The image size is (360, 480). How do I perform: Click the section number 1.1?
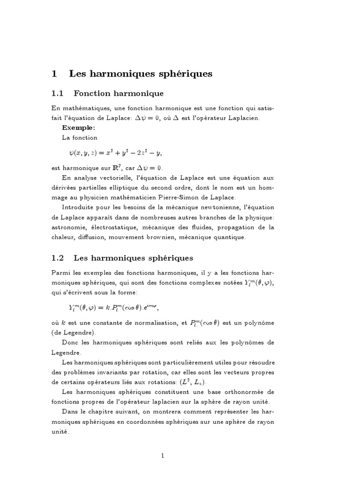click(x=58, y=94)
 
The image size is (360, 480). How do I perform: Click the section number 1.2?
click(x=58, y=258)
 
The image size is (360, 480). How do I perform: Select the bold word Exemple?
click(x=78, y=127)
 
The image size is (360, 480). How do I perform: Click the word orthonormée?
click(x=242, y=392)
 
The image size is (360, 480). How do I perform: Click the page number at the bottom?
click(x=163, y=455)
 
